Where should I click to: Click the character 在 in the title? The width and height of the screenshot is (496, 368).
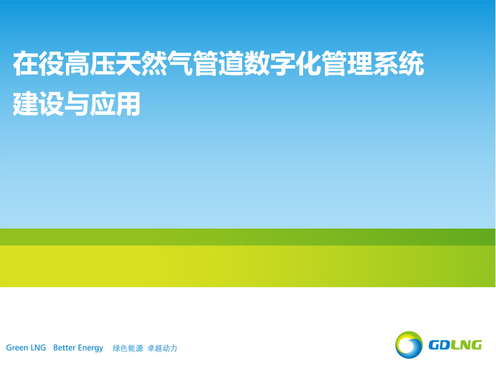click(x=26, y=63)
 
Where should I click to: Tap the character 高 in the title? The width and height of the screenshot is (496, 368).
click(x=77, y=63)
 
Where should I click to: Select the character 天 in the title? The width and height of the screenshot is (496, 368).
click(x=129, y=63)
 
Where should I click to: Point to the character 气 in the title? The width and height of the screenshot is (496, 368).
click(x=179, y=63)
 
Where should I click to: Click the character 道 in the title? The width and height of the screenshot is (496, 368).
click(x=231, y=63)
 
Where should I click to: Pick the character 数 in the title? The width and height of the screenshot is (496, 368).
click(x=257, y=63)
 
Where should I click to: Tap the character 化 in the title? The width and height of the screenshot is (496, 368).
click(x=308, y=63)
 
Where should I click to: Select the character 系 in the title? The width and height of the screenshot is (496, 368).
click(x=385, y=63)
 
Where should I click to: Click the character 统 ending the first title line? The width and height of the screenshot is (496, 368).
click(x=411, y=63)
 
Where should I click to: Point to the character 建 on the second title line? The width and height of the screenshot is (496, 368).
click(x=26, y=104)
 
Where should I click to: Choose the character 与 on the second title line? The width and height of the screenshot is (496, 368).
click(x=77, y=104)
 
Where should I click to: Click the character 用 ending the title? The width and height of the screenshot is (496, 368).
click(x=128, y=104)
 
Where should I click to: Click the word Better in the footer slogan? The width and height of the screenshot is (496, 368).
click(x=64, y=348)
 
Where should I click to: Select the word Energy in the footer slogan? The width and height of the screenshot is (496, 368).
click(x=91, y=348)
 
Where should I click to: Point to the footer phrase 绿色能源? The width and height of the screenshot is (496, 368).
click(x=128, y=348)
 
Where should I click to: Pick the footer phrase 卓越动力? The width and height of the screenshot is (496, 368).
click(x=162, y=348)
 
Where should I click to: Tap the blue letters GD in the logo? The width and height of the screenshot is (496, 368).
click(x=439, y=345)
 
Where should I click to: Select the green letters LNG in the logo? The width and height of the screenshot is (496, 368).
click(x=466, y=345)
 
